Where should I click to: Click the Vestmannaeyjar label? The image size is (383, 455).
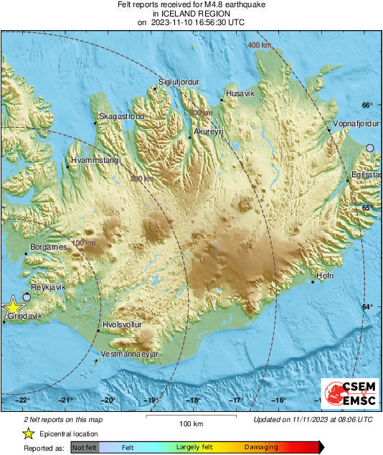130,355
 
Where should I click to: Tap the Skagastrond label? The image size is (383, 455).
121,116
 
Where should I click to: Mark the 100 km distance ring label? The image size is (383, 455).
83,244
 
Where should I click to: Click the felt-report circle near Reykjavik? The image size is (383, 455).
27,296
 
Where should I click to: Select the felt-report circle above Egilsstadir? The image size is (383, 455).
370,148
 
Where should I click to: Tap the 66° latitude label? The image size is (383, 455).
367,105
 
